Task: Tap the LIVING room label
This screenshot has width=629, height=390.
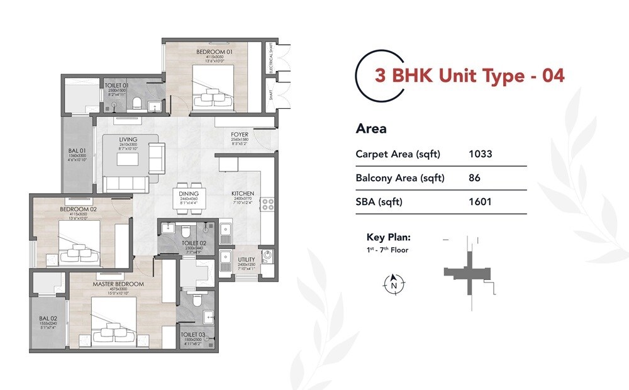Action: [128, 139]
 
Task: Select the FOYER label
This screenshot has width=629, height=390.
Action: [240, 135]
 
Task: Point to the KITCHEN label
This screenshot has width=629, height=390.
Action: [242, 194]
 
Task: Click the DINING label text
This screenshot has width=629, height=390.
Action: [189, 194]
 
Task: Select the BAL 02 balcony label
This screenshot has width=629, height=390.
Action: [44, 317]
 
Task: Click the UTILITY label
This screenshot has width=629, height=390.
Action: [246, 260]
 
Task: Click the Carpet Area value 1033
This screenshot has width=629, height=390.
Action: [481, 154]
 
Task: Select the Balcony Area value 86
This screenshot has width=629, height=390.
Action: [474, 178]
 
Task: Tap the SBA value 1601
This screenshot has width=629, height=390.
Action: [480, 202]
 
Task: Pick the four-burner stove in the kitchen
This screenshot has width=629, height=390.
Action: [267, 204]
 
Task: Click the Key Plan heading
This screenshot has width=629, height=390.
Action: [389, 238]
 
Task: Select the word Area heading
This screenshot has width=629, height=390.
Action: [371, 130]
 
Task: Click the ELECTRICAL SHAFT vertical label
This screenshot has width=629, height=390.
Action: [270, 63]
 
